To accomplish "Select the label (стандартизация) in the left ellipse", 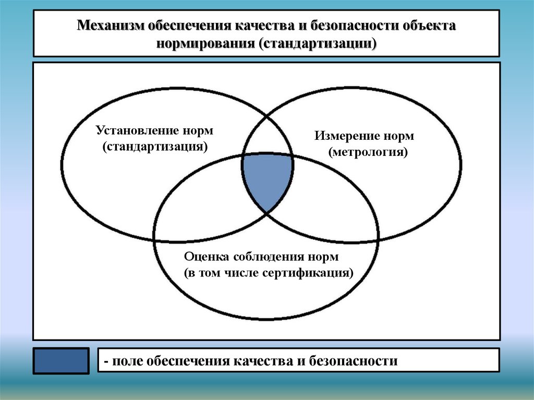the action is [155, 147].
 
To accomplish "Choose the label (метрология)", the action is [368, 152].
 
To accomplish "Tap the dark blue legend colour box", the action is [62, 361].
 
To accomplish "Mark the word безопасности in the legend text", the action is [353, 361].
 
